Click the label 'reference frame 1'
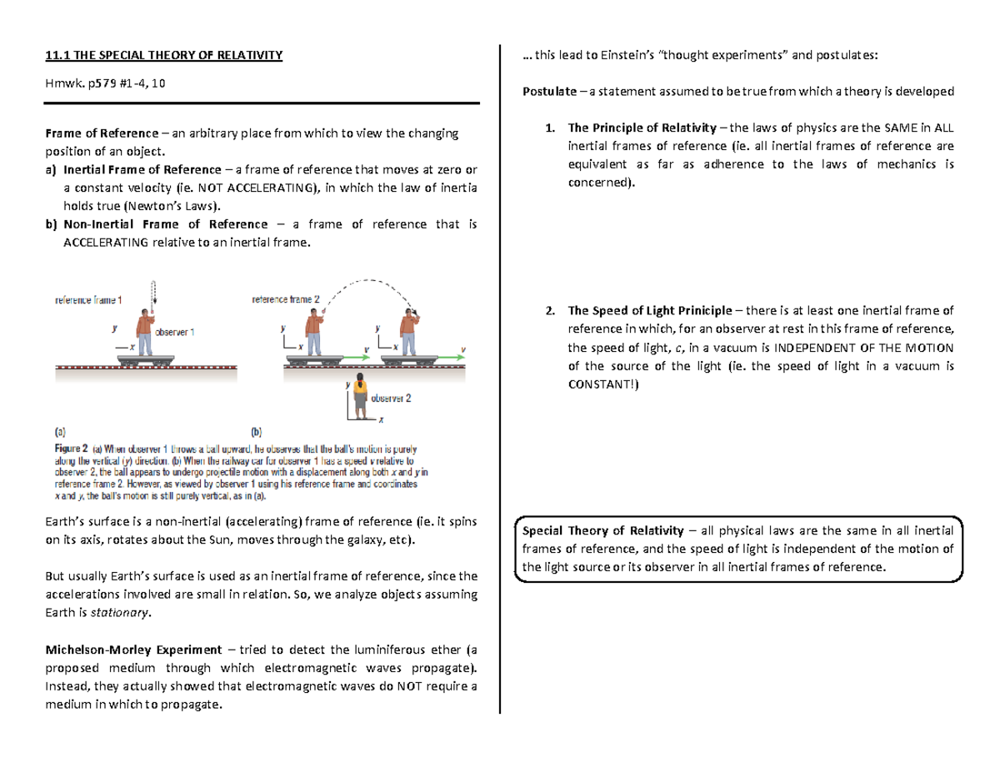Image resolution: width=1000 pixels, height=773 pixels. (88, 299)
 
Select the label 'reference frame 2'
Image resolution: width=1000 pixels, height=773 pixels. (286, 299)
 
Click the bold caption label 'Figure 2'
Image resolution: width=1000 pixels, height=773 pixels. (71, 449)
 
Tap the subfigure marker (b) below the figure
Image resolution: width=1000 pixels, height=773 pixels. (257, 433)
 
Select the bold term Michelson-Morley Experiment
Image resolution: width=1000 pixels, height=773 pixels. (132, 650)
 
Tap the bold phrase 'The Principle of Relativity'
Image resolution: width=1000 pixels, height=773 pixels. (641, 128)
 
